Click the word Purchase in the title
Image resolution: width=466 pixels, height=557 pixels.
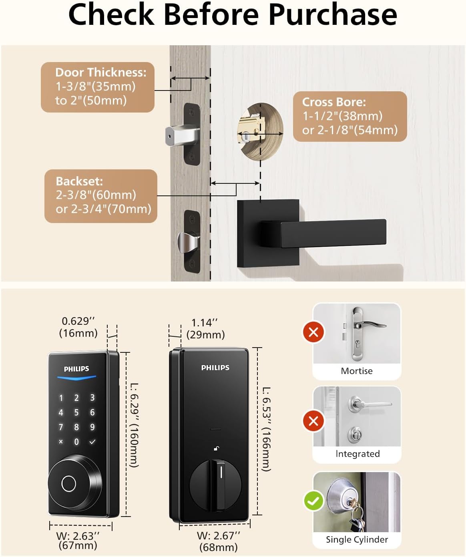pyautogui.click(x=333, y=15)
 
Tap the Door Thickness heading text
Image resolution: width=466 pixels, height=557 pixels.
pyautogui.click(x=101, y=72)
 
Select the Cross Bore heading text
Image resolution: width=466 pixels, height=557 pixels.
pyautogui.click(x=334, y=102)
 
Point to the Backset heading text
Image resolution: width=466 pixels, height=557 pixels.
pyautogui.click(x=79, y=181)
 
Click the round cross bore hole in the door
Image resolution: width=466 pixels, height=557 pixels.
pyautogui.click(x=260, y=132)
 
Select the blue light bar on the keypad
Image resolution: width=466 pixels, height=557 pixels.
pyautogui.click(x=76, y=378)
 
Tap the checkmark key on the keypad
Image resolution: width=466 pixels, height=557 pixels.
pyautogui.click(x=92, y=442)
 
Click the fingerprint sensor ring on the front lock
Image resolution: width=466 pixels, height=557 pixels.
pyautogui.click(x=68, y=483)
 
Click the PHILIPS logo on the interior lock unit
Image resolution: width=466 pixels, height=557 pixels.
pyautogui.click(x=215, y=368)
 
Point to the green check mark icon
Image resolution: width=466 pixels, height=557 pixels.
pyautogui.click(x=314, y=501)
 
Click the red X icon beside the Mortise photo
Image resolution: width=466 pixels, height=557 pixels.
pyautogui.click(x=313, y=332)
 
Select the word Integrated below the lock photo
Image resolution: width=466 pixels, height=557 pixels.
pyautogui.click(x=358, y=454)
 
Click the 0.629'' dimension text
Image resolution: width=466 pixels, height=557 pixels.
pyautogui.click(x=78, y=321)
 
